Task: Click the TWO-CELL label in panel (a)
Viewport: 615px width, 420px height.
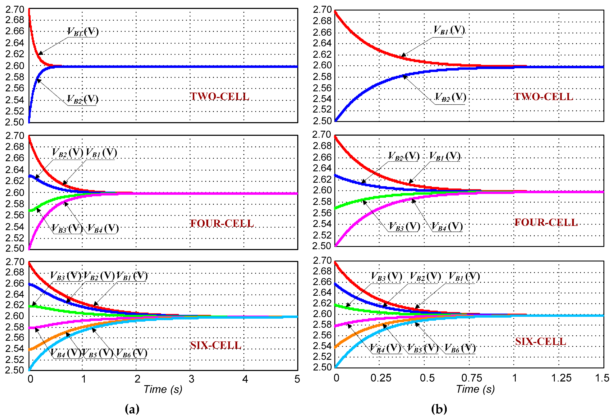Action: click(220, 97)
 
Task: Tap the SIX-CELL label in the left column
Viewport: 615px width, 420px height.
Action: click(216, 345)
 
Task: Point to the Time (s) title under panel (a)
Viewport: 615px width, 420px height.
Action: click(163, 389)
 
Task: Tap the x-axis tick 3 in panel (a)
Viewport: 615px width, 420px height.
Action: click(191, 379)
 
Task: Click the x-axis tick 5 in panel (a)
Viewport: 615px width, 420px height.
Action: click(297, 379)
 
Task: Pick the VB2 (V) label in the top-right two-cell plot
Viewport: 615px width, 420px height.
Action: click(450, 98)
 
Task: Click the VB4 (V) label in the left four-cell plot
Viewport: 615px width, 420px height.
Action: click(103, 229)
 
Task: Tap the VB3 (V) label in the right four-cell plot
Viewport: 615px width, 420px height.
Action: click(404, 227)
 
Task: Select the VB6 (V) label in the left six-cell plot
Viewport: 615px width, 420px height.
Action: click(131, 353)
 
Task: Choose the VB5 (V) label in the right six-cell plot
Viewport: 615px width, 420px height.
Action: click(423, 348)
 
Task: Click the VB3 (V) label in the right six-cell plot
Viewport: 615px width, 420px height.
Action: click(386, 277)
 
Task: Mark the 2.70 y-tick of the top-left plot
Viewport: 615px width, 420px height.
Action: click(15, 9)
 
